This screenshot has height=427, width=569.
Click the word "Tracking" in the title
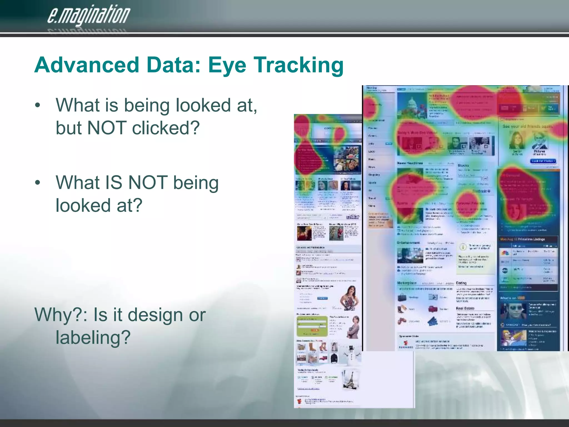point(298,65)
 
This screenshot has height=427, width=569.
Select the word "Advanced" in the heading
point(87,65)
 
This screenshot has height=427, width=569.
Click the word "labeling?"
point(93,337)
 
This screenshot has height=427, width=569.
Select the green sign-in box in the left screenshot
point(312,326)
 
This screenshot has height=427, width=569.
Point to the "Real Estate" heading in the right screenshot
point(465,308)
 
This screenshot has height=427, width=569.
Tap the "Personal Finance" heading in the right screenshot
point(470,203)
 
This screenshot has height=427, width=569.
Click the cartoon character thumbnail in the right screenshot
point(513,338)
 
